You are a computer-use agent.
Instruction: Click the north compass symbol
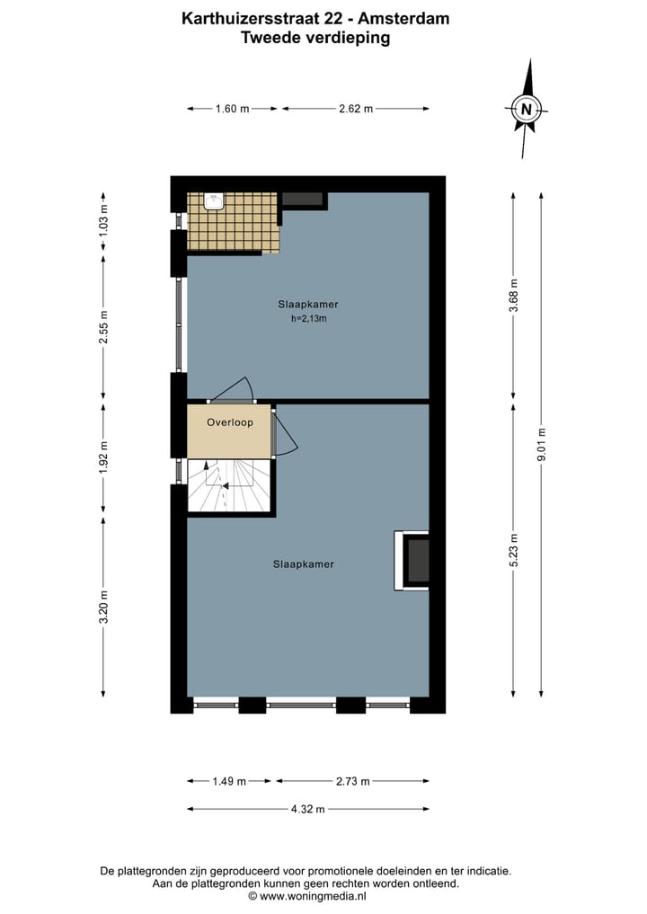526,111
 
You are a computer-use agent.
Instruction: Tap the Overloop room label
229,422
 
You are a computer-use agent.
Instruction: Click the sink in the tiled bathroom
214,202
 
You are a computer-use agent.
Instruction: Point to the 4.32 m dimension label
307,809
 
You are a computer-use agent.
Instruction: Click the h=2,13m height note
308,319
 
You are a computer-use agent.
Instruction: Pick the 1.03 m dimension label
103,219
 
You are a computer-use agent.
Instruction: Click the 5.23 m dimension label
513,551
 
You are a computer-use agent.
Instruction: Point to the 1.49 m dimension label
230,781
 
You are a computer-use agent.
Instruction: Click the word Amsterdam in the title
405,18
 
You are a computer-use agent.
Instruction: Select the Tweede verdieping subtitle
315,37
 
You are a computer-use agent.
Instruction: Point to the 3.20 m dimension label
103,607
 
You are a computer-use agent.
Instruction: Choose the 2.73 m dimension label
352,781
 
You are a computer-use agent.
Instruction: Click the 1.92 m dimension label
103,457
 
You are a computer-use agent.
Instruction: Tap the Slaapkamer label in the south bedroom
304,564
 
